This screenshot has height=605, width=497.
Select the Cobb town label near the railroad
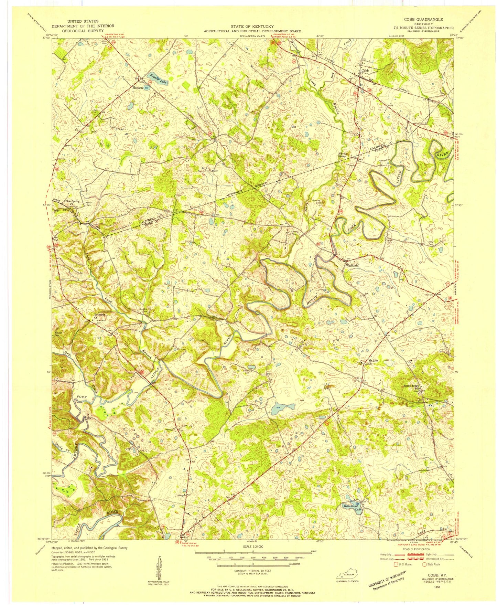pos(364,71)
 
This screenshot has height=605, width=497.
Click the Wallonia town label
pos(352,265)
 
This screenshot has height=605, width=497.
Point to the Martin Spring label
pos(344,155)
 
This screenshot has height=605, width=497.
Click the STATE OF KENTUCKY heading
pos(252,26)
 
